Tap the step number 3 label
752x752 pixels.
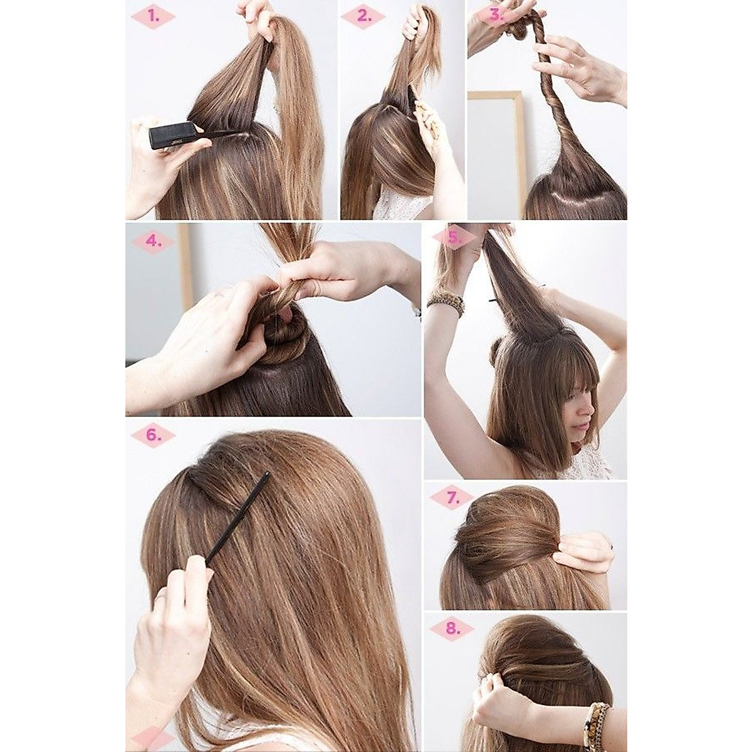(x=496, y=16)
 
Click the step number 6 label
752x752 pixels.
(x=152, y=435)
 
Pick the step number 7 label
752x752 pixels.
(x=452, y=498)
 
